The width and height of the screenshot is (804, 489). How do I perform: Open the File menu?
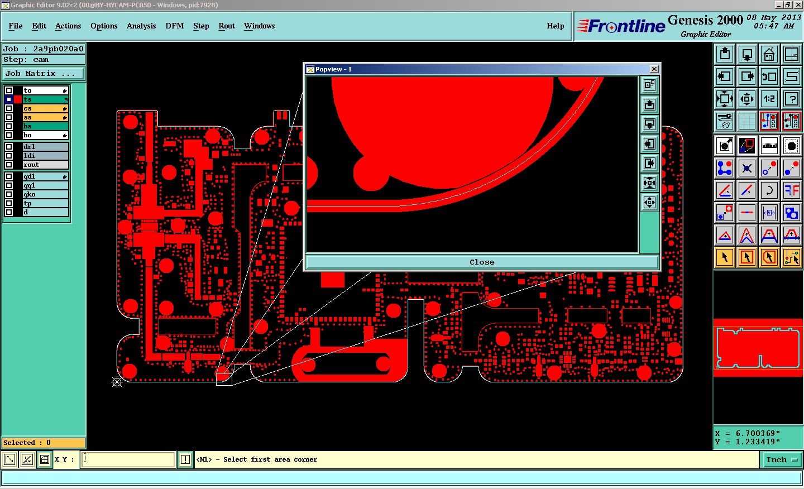tap(16, 26)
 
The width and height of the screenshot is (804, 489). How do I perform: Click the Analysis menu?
tap(141, 26)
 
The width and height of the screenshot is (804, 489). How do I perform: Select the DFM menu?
tap(174, 26)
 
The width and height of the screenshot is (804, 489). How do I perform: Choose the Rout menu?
tap(227, 26)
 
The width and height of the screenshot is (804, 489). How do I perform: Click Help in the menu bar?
tap(555, 26)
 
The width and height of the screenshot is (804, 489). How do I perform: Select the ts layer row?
tap(45, 99)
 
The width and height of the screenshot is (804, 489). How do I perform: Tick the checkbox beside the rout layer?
tap(9, 165)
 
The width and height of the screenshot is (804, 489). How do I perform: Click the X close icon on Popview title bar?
tap(654, 69)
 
